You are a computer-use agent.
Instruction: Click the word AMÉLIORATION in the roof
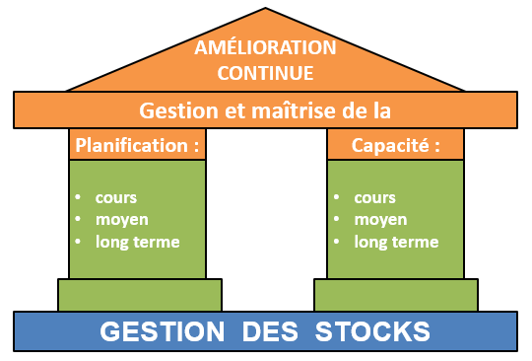point(265,48)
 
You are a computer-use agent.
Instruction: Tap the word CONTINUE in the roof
point(265,72)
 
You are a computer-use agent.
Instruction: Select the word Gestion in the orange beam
point(173,109)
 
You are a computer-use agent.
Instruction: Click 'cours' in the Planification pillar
point(115,197)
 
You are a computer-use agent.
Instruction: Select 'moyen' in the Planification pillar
point(119,219)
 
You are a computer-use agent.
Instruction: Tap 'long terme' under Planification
point(138,242)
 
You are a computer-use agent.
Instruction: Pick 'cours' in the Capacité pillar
point(373,197)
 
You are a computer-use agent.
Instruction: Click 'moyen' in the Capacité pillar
point(377,219)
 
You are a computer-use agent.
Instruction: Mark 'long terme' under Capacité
point(396,242)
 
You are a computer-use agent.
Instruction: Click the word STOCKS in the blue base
point(373,330)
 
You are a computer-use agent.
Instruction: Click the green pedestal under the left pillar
point(139,294)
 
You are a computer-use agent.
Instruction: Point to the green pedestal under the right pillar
point(396,294)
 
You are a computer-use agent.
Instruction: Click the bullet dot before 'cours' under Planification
point(78,197)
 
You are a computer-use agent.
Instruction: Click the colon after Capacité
point(433,146)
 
